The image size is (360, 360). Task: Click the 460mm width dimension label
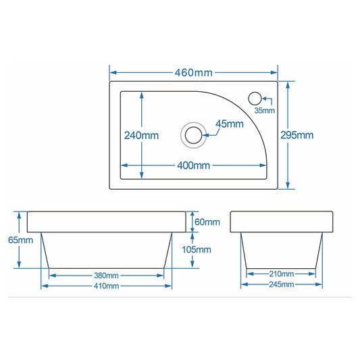click(x=194, y=73)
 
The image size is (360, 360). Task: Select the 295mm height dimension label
click(x=297, y=135)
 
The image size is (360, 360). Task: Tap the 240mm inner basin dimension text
click(x=141, y=136)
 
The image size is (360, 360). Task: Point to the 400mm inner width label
click(x=194, y=165)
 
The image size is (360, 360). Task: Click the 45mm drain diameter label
click(x=230, y=124)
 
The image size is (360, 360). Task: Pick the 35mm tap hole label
click(x=265, y=111)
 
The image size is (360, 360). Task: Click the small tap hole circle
click(x=255, y=99)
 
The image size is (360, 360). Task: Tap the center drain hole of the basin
click(x=194, y=135)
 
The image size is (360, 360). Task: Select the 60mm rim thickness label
click(x=207, y=222)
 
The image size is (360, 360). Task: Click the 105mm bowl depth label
click(x=197, y=249)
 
